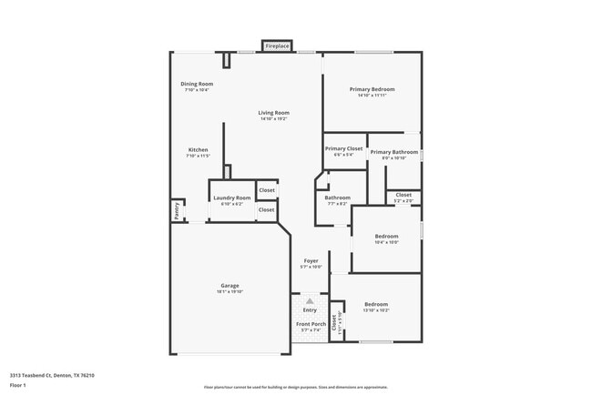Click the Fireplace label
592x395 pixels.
278,46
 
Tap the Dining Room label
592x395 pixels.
197,84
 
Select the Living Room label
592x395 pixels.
273,113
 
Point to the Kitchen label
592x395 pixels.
198,150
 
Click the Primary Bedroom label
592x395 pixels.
373,89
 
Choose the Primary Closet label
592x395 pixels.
343,148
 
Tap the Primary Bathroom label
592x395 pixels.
393,152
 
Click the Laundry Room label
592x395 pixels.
231,197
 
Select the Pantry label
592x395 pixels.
176,210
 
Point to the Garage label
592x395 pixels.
230,285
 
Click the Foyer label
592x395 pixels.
311,261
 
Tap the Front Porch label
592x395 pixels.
311,324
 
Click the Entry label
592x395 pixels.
310,310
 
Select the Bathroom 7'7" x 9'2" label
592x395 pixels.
337,197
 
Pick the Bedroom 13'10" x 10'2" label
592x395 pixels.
376,304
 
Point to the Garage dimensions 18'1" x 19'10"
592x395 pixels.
230,291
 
